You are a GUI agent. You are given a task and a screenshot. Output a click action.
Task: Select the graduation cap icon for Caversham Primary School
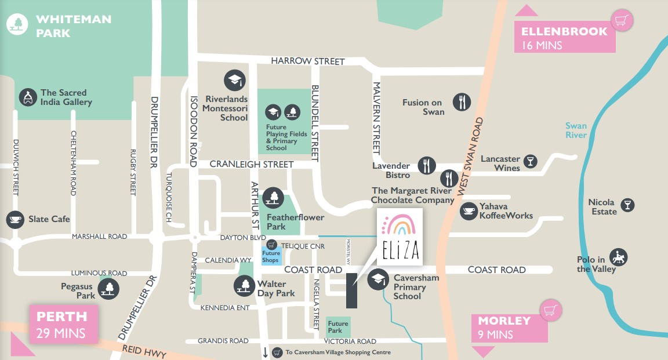[379, 279]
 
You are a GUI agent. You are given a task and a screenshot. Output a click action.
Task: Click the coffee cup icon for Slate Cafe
[15, 219]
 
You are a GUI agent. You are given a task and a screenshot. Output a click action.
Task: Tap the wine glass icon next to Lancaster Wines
[530, 161]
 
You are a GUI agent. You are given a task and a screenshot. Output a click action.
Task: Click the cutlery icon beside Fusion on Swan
[462, 102]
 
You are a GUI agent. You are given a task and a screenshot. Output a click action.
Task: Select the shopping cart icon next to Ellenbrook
[622, 21]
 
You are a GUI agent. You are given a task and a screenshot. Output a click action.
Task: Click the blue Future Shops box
[271, 257]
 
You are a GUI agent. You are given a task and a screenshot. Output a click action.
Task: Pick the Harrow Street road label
[308, 61]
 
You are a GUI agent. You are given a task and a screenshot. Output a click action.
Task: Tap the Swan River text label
[576, 130]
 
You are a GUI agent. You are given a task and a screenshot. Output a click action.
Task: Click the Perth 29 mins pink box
[63, 324]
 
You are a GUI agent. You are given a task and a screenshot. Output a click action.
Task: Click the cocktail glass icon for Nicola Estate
[627, 204]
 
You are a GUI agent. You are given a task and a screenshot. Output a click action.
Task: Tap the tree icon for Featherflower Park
[271, 198]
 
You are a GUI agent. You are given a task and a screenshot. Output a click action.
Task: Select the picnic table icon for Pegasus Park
[108, 288]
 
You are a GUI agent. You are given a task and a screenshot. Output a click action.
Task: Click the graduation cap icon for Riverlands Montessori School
[234, 81]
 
